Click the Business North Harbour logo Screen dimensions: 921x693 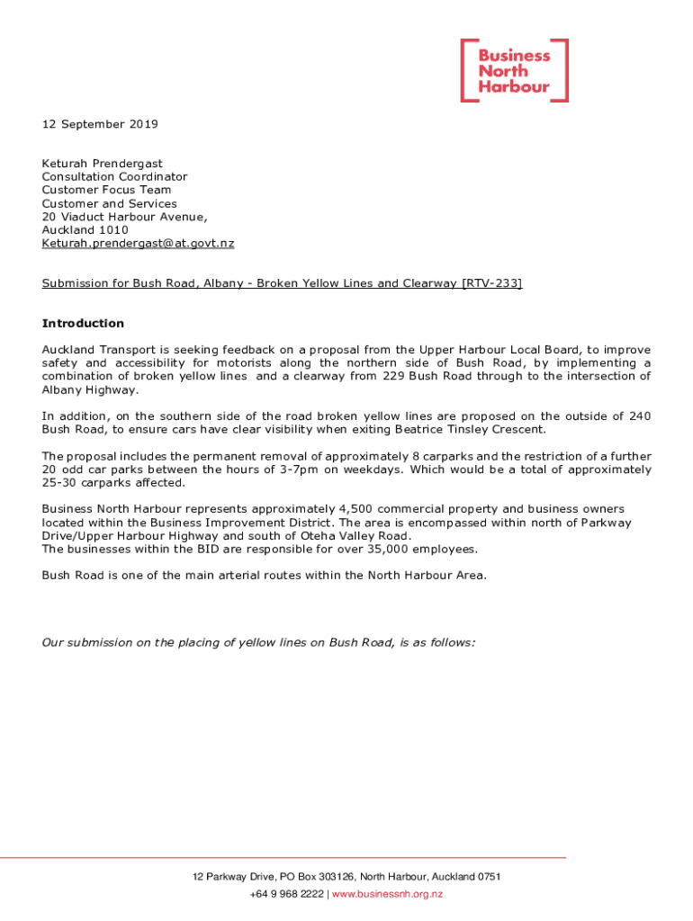click(x=514, y=70)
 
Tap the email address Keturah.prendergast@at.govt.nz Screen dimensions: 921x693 click(x=138, y=244)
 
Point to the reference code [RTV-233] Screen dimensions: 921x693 click(x=491, y=284)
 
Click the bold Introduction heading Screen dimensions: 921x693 click(x=83, y=324)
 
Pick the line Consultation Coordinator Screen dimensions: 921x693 click(x=114, y=177)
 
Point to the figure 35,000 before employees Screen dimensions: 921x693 click(x=378, y=550)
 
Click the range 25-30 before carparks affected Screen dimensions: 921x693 click(x=59, y=483)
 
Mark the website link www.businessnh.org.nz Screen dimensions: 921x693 click(x=388, y=894)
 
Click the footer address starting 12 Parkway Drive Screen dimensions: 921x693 click(x=346, y=877)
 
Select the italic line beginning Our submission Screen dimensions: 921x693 click(x=258, y=642)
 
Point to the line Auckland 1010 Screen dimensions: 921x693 click(x=85, y=230)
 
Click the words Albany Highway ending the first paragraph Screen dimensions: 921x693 click(x=90, y=389)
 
